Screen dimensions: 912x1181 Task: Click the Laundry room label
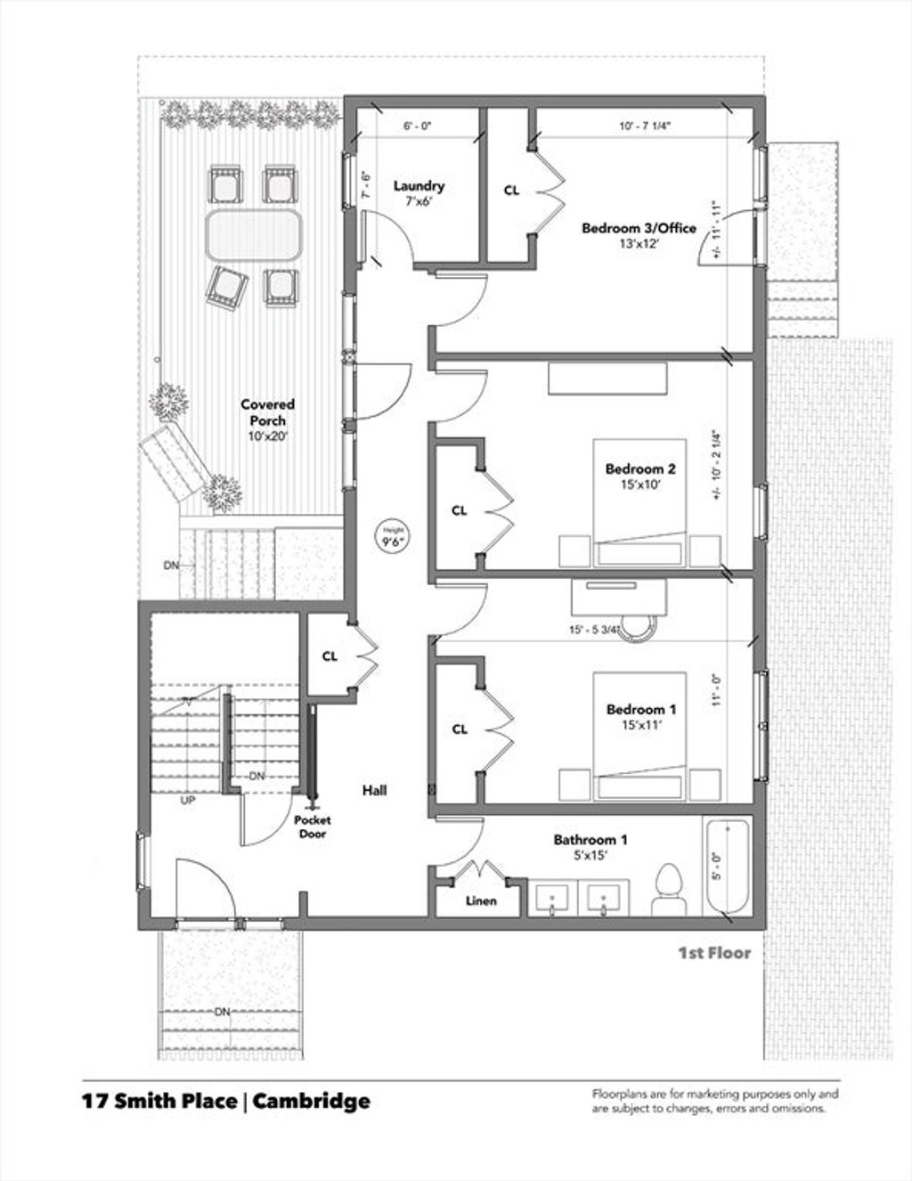419,186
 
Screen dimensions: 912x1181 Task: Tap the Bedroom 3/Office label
639,228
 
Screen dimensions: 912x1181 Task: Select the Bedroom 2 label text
640,468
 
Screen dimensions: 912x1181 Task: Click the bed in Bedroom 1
639,736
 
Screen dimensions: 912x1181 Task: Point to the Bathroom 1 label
590,840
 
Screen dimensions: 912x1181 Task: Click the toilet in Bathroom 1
669,890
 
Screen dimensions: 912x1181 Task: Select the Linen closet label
481,901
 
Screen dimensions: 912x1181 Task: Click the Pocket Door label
313,827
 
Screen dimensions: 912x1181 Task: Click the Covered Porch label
267,412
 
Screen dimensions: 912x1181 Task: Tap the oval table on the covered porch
254,235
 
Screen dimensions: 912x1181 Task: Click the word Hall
374,790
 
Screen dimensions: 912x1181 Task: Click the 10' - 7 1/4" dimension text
646,126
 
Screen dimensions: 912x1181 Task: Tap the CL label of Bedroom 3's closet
511,191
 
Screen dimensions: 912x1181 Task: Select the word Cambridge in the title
312,1101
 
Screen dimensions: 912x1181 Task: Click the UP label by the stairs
188,801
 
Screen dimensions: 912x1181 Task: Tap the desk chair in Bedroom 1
639,628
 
